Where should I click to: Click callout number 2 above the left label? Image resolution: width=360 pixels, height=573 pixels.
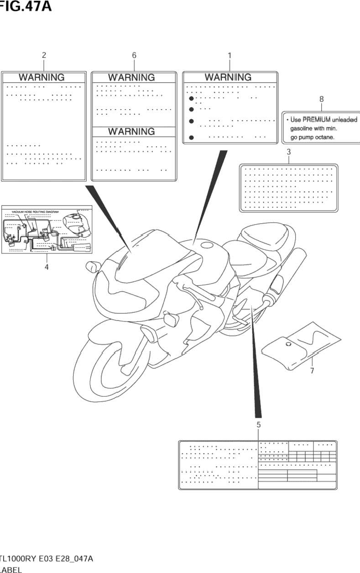(44, 55)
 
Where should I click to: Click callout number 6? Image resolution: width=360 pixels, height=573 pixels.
(134, 55)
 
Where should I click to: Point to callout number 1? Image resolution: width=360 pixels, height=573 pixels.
(230, 55)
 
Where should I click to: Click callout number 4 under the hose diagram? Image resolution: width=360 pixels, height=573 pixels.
(46, 267)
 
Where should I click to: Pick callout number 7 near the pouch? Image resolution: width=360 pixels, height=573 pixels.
(312, 371)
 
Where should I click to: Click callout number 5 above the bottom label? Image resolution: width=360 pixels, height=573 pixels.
(258, 425)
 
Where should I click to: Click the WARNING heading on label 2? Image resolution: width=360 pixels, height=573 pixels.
(42, 78)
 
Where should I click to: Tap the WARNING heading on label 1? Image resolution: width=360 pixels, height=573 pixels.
(228, 77)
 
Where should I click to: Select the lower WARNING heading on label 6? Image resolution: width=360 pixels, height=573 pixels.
(131, 131)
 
